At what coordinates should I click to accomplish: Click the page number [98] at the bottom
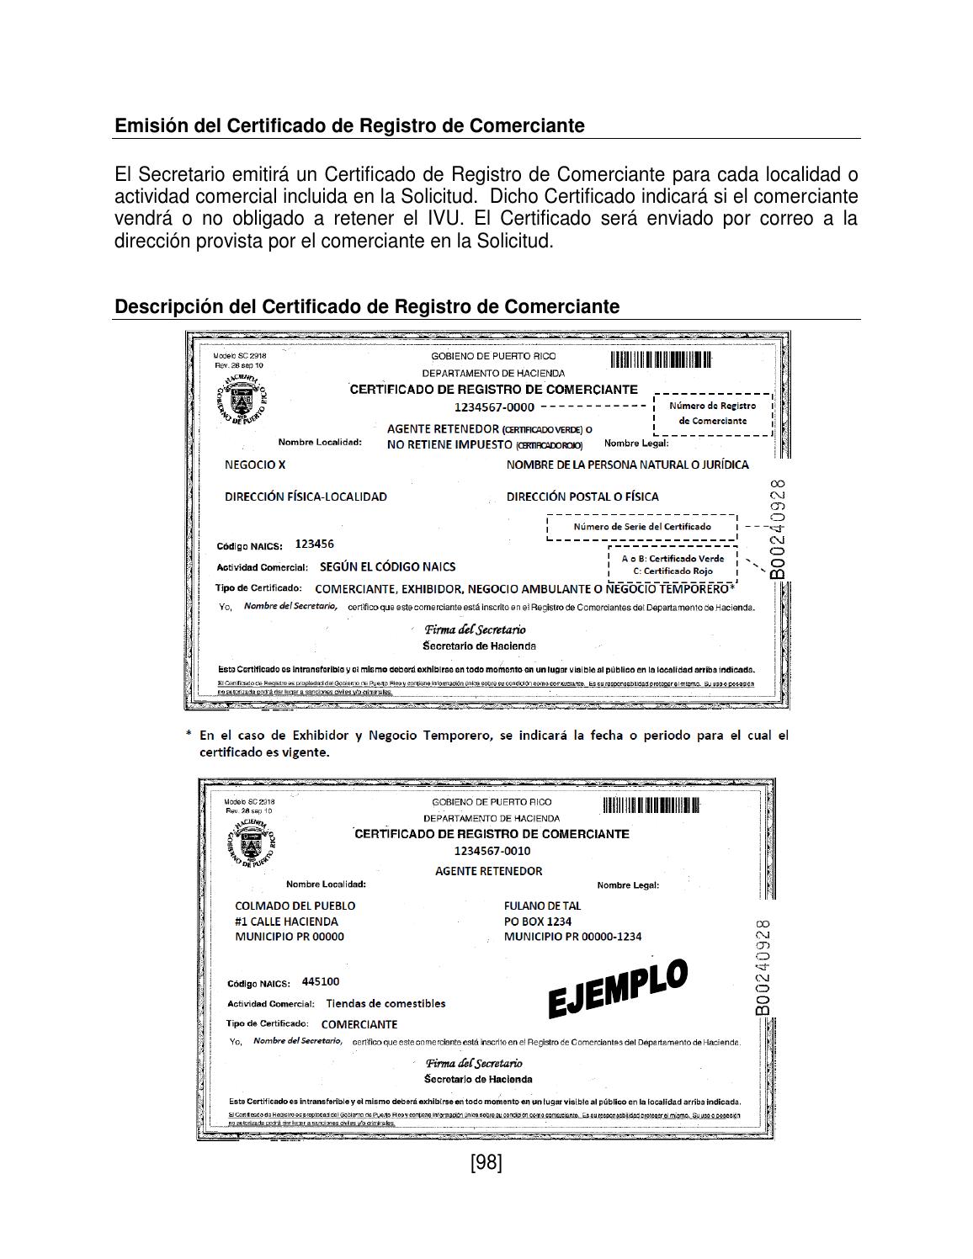(x=486, y=1162)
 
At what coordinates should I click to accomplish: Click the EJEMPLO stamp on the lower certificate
(x=618, y=988)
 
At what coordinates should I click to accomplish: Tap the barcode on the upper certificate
(x=661, y=360)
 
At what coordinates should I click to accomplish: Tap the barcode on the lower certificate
(x=651, y=805)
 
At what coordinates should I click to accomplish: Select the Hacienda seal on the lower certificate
(x=251, y=842)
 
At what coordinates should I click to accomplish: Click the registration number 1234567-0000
(x=494, y=407)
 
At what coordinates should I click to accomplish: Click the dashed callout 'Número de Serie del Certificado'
(x=642, y=527)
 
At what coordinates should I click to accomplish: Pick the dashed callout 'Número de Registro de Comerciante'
(x=712, y=413)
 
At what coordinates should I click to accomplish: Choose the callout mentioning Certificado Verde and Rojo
(x=673, y=565)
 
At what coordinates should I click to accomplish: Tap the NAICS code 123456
(x=314, y=544)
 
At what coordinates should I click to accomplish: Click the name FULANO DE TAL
(x=542, y=906)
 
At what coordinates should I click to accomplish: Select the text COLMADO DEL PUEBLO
(x=295, y=906)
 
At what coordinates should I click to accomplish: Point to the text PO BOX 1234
(x=537, y=921)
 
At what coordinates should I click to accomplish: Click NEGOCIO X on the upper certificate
(x=255, y=465)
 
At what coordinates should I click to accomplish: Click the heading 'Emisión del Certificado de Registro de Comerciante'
(x=349, y=125)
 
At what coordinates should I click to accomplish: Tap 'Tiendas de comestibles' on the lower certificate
(x=385, y=1003)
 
